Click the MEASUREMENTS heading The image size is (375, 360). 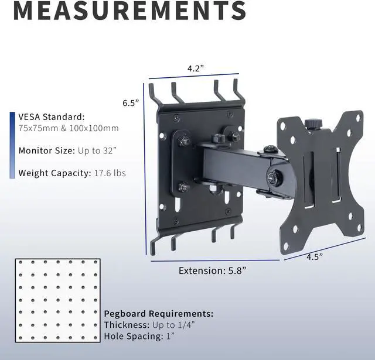[130, 11]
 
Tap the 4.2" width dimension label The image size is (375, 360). [196, 68]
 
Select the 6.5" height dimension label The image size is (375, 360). [131, 103]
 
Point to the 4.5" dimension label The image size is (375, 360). [315, 257]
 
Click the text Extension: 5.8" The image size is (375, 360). [212, 270]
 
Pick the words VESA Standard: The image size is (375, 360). [52, 117]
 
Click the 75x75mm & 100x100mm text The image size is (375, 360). [69, 128]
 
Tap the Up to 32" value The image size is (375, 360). [97, 151]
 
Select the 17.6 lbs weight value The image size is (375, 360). [110, 173]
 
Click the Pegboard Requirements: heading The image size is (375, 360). [159, 313]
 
